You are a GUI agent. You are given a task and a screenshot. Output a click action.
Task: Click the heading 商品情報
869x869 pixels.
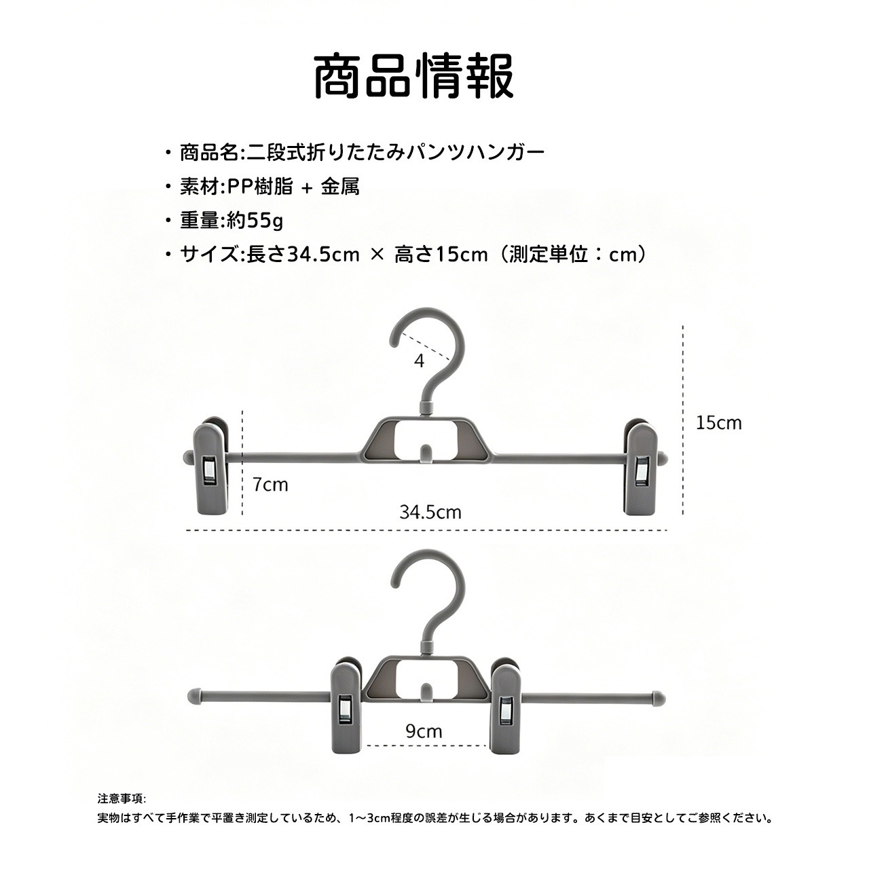413,76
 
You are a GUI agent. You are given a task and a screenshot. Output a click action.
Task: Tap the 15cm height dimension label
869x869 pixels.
719,423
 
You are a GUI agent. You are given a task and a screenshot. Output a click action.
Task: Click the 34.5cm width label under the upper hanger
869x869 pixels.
430,513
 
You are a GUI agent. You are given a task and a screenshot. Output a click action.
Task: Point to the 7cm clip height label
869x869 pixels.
271,484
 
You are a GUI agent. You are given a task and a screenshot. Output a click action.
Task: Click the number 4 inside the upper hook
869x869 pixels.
420,361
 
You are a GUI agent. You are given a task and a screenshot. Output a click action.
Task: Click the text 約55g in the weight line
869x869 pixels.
255,221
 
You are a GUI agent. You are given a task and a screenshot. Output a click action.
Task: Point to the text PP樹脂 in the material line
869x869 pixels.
260,187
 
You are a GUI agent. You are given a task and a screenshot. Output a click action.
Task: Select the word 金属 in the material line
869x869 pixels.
341,187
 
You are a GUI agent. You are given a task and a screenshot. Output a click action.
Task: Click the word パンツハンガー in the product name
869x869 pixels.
476,153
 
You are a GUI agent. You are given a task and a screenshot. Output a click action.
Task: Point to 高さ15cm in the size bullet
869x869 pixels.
441,255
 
